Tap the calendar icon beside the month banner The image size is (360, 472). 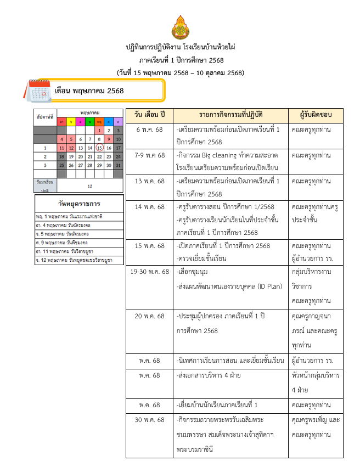[x=39, y=91]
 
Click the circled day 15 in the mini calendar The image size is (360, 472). [x=99, y=148]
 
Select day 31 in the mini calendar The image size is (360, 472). [x=117, y=165]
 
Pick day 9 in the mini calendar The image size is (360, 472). [x=109, y=139]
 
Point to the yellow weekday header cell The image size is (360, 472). [x=71, y=121]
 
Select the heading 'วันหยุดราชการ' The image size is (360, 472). [x=79, y=204]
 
